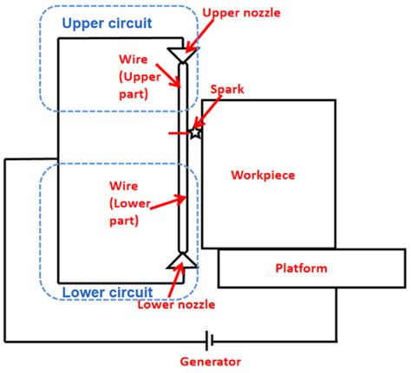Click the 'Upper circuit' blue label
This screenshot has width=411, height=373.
pos(107,23)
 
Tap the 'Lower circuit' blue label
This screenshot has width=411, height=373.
pos(108,293)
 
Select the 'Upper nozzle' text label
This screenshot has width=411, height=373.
pos(241,13)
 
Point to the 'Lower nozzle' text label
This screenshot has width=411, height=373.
pos(176,305)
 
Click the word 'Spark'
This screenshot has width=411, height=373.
pos(227,89)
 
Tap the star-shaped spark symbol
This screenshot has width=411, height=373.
pos(195,133)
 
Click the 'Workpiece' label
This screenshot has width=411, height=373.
pos(263,175)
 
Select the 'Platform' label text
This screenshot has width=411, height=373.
pos(301,268)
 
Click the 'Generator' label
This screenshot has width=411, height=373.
pos(211,362)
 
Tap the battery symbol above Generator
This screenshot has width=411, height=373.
pos(209,341)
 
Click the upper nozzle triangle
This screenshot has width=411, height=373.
pos(183,55)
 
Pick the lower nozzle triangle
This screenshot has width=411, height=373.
pos(183,260)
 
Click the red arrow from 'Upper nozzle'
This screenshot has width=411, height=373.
pos(199,36)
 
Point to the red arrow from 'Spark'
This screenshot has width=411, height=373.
pos(206,112)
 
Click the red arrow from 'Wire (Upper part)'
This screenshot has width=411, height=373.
pos(168,75)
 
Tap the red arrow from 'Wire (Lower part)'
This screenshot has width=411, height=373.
pos(168,203)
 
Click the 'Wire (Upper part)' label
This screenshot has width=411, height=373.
pos(140,77)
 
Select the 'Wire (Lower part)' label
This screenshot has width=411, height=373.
pos(130,203)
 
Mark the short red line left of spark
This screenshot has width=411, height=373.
pos(179,133)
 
